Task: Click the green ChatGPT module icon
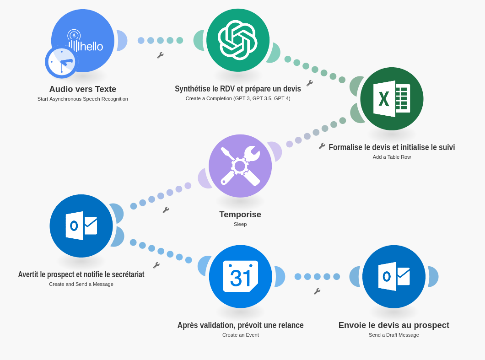click(238, 40)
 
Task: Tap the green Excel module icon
click(392, 99)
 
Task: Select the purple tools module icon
click(240, 166)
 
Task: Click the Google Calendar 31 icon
click(241, 276)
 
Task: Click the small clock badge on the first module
click(61, 62)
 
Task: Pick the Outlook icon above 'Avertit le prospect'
click(81, 226)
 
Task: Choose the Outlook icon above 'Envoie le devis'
click(394, 277)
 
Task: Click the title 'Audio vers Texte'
click(83, 89)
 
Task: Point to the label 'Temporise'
click(240, 215)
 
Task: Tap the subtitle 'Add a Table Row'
click(392, 157)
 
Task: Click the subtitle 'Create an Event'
click(241, 335)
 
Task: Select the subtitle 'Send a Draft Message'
click(394, 335)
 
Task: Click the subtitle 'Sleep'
click(240, 224)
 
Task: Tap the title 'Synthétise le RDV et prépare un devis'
click(238, 89)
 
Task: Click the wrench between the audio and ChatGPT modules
click(160, 55)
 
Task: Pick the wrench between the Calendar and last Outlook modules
click(317, 291)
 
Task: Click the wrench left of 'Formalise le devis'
click(322, 146)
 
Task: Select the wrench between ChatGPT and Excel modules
click(310, 83)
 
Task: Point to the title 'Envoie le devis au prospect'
click(394, 325)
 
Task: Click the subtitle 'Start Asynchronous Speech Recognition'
click(83, 99)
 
